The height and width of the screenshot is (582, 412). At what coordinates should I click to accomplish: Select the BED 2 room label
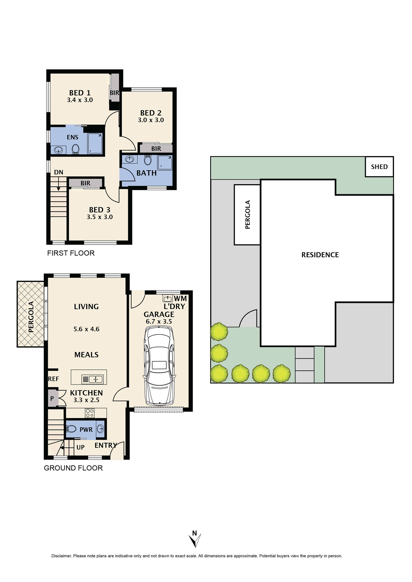[151, 113]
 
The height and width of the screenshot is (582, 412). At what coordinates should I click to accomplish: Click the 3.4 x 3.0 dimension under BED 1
[80, 100]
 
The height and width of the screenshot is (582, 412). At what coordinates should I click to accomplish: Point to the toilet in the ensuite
[75, 149]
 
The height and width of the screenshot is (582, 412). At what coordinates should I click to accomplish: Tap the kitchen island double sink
[92, 379]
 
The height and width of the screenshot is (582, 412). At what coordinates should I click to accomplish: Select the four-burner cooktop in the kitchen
[90, 413]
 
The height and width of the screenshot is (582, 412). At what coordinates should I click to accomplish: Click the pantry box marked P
[52, 398]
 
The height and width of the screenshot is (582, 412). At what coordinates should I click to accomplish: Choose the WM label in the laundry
[180, 299]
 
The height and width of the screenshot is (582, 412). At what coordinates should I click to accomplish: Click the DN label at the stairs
[59, 172]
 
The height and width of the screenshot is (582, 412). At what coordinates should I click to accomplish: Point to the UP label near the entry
[80, 447]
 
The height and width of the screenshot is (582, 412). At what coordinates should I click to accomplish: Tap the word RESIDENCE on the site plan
[320, 255]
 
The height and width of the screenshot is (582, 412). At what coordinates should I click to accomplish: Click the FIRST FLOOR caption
[71, 253]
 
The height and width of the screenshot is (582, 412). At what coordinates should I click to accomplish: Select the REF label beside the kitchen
[53, 379]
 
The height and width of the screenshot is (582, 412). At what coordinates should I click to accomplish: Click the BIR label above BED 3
[86, 183]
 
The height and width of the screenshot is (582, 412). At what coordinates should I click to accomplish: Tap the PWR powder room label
[86, 430]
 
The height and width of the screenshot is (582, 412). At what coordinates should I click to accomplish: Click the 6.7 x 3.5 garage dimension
[159, 322]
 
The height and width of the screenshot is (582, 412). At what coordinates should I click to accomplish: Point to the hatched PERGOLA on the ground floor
[31, 314]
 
